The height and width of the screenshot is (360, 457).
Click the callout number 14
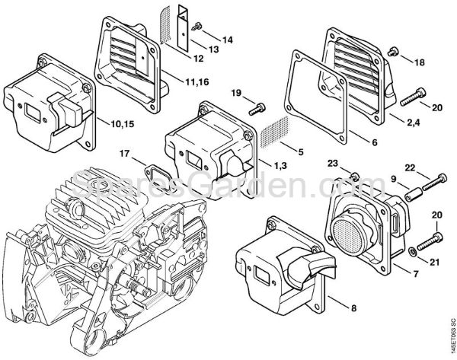pos(228,38)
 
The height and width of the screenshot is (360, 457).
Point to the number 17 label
pos(125,154)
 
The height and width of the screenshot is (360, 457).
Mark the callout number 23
pos(333,164)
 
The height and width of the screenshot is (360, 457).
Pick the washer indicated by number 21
pos(412,248)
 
